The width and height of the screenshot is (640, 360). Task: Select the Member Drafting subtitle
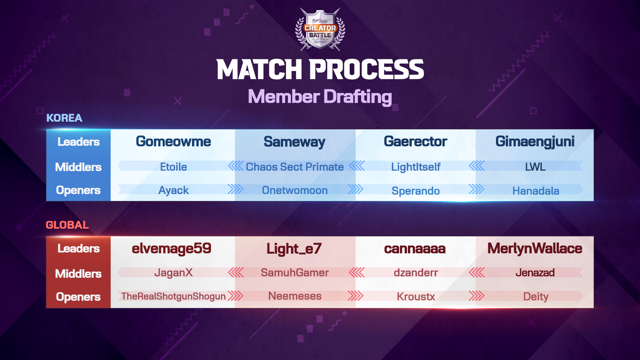click(x=320, y=97)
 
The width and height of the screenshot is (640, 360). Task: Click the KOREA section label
click(x=64, y=118)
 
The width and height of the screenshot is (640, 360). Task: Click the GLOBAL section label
click(x=67, y=225)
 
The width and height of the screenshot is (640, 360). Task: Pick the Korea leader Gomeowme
click(x=173, y=142)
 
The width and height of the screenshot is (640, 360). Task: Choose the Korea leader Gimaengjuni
click(x=535, y=142)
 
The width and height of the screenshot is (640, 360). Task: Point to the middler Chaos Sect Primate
click(x=295, y=167)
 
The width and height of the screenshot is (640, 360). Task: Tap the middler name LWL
click(x=535, y=167)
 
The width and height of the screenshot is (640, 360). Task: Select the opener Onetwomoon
click(x=295, y=190)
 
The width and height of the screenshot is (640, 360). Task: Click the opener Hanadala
click(x=535, y=191)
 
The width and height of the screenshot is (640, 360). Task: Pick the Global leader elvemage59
click(x=171, y=249)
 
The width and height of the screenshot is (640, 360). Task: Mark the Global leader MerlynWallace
click(x=535, y=249)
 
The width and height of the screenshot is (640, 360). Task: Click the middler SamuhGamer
click(x=295, y=273)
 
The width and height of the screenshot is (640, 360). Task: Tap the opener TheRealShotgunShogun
click(x=173, y=296)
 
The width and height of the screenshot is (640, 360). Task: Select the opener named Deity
click(x=536, y=296)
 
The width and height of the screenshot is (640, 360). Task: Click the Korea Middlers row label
click(x=78, y=167)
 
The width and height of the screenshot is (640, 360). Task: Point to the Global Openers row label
click(x=78, y=297)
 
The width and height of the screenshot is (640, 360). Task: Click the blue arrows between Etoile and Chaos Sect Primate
click(x=236, y=166)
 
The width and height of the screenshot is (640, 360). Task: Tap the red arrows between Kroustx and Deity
click(x=476, y=296)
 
